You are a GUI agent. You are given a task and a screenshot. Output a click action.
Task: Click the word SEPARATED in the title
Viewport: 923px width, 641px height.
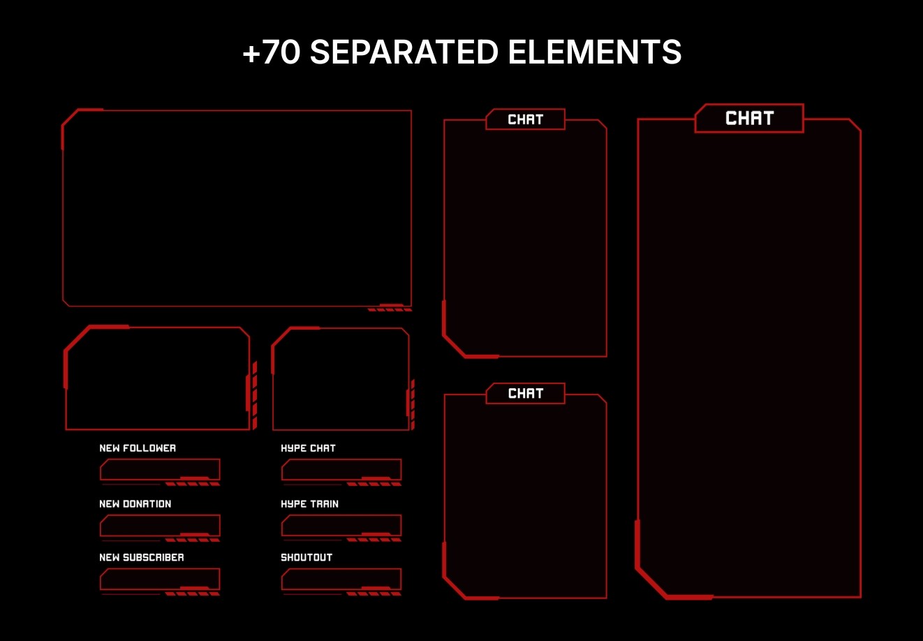[x=404, y=52]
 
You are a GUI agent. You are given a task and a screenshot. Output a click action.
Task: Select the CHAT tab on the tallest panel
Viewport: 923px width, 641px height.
[x=749, y=119]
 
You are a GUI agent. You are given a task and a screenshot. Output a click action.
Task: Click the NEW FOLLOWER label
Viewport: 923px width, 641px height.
[x=138, y=448]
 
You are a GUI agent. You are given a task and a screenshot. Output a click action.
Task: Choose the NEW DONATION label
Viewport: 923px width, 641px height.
[x=135, y=503]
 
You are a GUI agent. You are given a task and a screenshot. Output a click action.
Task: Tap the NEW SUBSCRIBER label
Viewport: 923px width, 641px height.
[x=142, y=557]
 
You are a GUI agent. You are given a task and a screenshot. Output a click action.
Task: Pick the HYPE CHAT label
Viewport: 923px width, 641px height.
[x=308, y=448]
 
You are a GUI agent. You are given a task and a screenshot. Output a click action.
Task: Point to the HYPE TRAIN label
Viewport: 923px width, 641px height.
[x=309, y=503]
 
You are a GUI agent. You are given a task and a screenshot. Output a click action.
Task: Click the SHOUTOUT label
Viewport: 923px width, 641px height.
[x=307, y=557]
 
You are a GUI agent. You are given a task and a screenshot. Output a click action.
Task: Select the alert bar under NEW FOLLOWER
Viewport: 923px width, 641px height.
[x=160, y=469]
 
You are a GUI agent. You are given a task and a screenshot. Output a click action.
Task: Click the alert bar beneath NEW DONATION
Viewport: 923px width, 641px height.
[x=160, y=525]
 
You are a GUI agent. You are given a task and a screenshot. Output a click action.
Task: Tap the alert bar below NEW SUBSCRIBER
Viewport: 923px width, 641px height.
[x=160, y=579]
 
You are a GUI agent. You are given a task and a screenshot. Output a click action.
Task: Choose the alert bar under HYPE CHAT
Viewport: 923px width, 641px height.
[x=341, y=469]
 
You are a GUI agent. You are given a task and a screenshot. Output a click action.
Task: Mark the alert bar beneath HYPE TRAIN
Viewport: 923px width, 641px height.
[x=341, y=525]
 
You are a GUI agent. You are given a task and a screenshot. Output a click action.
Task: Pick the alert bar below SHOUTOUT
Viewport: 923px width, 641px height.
[x=341, y=579]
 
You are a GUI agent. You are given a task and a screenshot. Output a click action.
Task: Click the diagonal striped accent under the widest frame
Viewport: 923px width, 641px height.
[x=390, y=309]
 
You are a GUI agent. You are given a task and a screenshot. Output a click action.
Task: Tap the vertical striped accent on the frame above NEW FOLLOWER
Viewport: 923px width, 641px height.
[x=255, y=395]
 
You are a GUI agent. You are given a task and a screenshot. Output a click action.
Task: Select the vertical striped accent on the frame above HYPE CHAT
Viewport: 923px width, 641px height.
[x=413, y=404]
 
